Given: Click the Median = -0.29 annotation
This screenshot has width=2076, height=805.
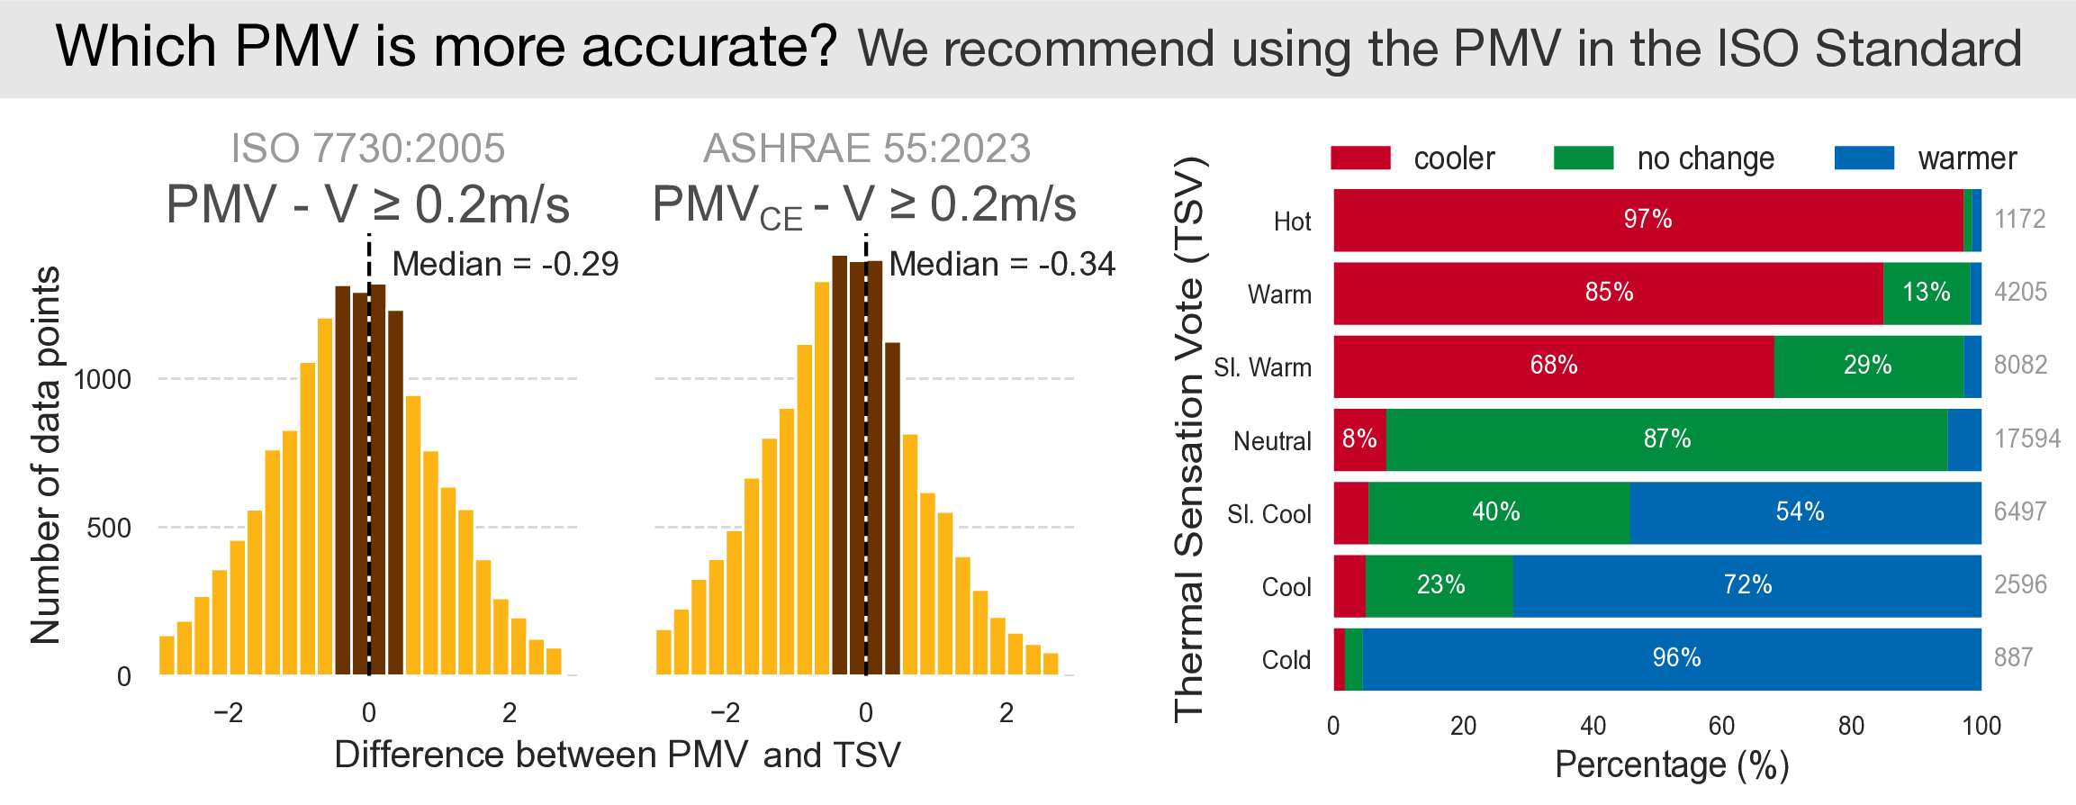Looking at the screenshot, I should pos(505,264).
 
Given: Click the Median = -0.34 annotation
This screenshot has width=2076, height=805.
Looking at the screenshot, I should pos(1002,264).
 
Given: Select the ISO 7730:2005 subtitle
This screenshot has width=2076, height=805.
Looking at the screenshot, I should pos(367,149).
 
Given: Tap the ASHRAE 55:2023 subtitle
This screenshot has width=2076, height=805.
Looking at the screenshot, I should pos(866,149).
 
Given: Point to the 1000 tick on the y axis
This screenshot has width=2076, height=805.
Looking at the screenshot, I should pos(103,379).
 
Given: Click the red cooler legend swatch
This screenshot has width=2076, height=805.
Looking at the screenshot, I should pos(1360,158).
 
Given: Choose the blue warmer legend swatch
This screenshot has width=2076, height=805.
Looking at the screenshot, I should pos(1864,158).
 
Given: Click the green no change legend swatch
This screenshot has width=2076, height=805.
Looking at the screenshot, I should pos(1584,158).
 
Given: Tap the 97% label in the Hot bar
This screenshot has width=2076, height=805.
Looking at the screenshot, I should pos(1647,219).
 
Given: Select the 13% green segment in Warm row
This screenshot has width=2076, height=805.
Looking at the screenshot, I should pos(1926,293).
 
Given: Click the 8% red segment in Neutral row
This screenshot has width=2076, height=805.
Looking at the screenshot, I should pos(1359,439).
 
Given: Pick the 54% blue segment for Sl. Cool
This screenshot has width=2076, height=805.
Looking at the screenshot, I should pos(1800,511).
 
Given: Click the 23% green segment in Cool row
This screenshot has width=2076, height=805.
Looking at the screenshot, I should pos(1440,585).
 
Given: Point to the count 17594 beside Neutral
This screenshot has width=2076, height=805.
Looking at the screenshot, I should pos(2026,439).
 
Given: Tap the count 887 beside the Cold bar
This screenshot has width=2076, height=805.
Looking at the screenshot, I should pos(2013,657).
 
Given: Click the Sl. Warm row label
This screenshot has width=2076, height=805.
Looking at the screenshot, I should pos(1262,367).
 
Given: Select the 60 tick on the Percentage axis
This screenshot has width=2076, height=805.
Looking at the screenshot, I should pos(1721,726).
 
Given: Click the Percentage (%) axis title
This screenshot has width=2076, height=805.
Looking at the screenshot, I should pos(1671,765).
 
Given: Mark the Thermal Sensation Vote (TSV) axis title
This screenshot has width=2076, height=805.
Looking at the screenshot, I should pos(1189,439).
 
